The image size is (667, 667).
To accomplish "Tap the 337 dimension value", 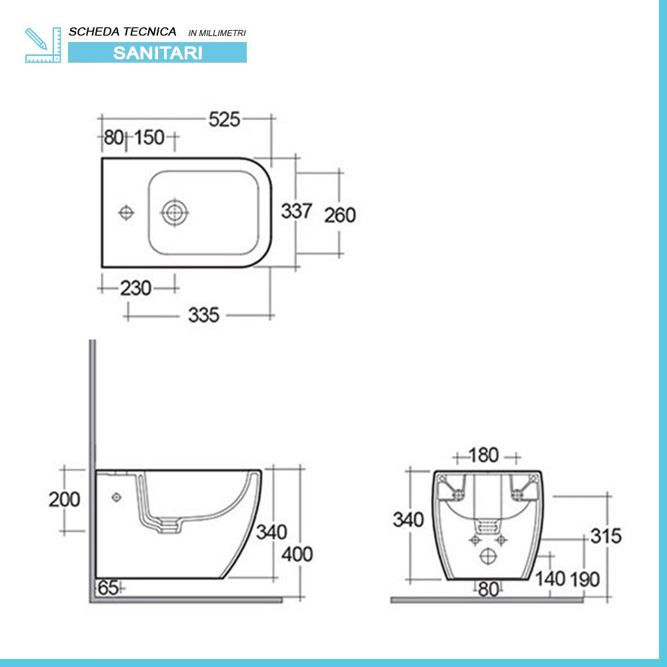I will (295, 211).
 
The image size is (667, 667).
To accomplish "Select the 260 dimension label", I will (340, 215).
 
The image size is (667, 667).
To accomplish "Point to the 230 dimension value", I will (135, 288).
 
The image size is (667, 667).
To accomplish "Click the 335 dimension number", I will (203, 315).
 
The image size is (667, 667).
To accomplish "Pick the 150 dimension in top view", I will (149, 138).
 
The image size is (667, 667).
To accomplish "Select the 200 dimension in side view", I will (65, 499).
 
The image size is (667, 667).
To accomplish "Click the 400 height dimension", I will (297, 554).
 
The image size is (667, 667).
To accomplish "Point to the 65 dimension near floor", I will (108, 588).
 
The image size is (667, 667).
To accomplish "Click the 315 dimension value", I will (606, 536).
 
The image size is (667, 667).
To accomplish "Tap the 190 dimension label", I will (585, 579).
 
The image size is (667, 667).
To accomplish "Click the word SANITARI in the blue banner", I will (157, 53).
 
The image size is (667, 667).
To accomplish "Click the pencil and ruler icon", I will (43, 45).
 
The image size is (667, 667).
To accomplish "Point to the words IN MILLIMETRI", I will (217, 33).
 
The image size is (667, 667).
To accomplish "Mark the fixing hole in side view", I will (117, 497).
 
